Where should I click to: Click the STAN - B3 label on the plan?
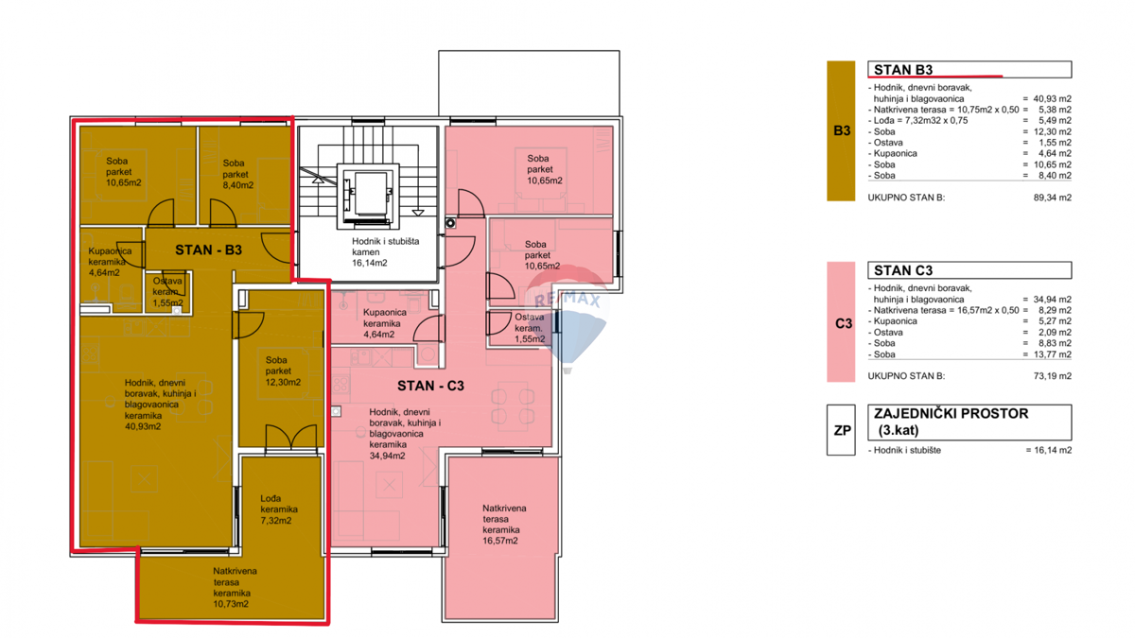(208, 250)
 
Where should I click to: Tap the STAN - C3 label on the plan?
(430, 386)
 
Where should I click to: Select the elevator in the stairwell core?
(368, 194)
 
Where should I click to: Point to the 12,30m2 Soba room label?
(283, 371)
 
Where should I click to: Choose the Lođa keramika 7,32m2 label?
(279, 509)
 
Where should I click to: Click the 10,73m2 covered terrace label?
(235, 587)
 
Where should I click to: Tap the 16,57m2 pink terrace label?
(504, 524)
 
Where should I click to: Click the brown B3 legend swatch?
(841, 130)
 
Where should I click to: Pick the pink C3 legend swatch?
(841, 321)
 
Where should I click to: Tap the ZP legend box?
(841, 430)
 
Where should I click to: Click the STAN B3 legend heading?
(903, 69)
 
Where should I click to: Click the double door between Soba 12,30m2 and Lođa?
(291, 438)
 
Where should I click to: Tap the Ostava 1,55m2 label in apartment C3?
(530, 328)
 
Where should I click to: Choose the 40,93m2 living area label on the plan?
(160, 405)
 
